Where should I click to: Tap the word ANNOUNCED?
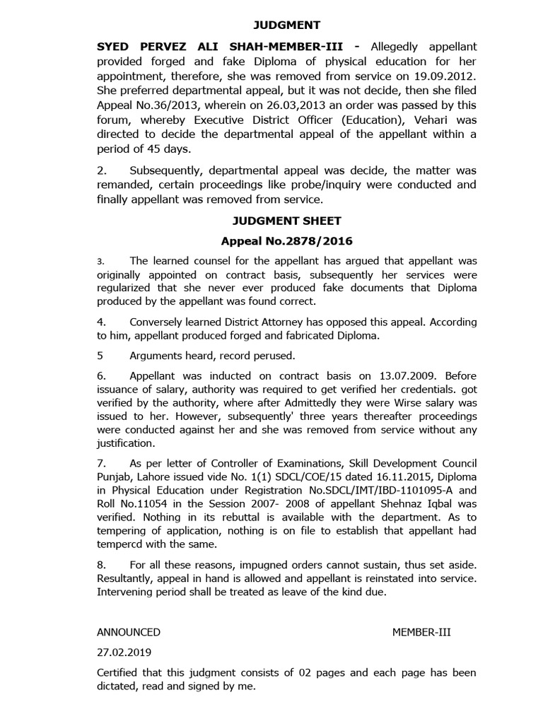[129, 632]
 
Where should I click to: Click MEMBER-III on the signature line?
[421, 632]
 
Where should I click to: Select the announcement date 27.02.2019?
[120, 652]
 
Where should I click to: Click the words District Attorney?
[274, 322]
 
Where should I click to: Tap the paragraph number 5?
[100, 356]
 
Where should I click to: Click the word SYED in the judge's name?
[115, 46]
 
